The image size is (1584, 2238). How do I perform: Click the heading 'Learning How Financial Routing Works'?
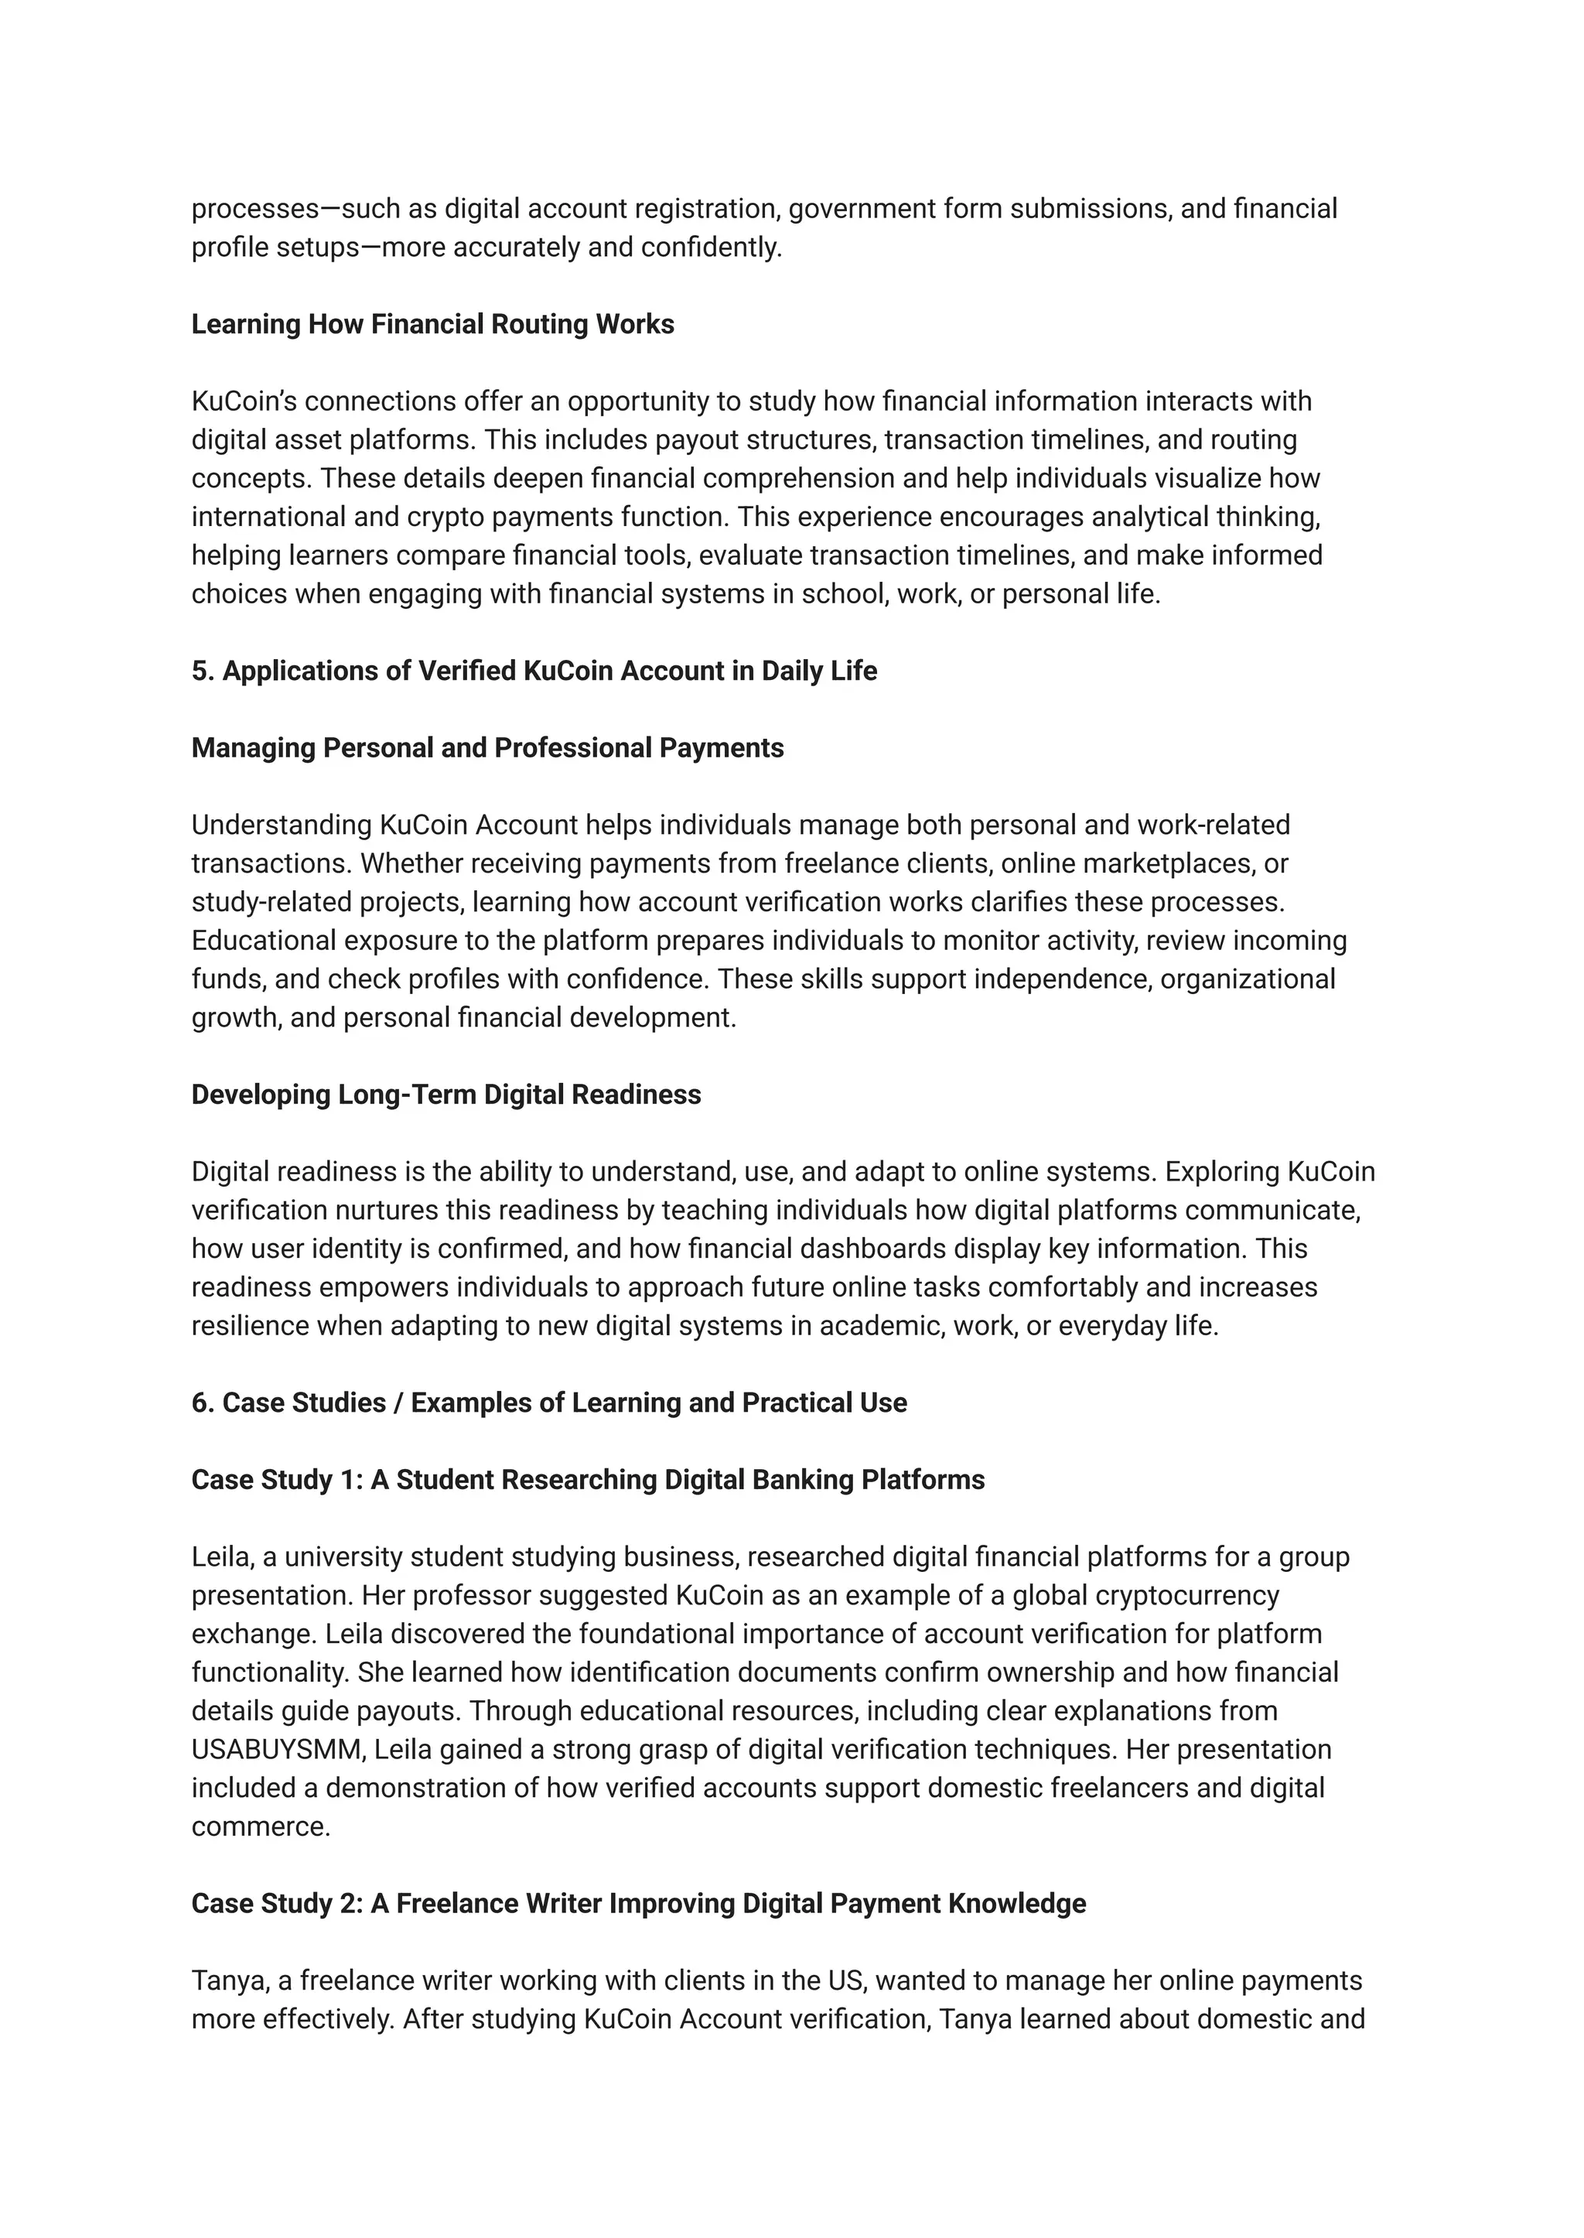pos(432,324)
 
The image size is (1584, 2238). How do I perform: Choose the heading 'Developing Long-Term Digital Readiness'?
pos(445,1095)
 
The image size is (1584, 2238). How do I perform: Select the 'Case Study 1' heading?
pos(587,1480)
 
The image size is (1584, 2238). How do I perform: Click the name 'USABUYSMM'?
pos(277,1749)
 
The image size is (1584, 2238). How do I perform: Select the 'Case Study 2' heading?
pos(638,1903)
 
